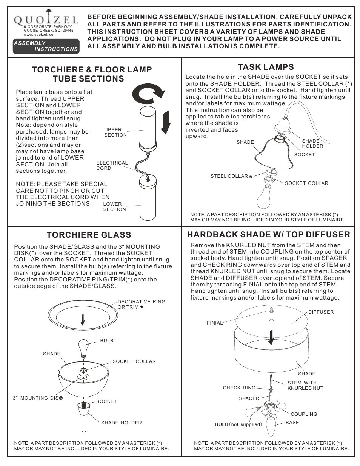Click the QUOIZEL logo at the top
click(x=46, y=19)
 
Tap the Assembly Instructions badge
click(x=46, y=46)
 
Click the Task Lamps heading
click(x=266, y=67)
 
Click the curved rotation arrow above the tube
click(x=151, y=94)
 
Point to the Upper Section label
click(x=115, y=132)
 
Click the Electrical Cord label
click(x=112, y=165)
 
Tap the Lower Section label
click(x=114, y=206)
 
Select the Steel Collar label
click(x=229, y=176)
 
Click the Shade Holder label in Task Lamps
click(x=312, y=143)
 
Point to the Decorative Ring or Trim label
click(x=141, y=305)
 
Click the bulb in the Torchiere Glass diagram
click(x=83, y=346)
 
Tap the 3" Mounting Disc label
click(x=37, y=398)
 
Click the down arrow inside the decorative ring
click(x=83, y=319)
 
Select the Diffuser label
click(x=321, y=312)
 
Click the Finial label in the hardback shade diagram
click(x=214, y=323)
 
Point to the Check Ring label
click(x=239, y=388)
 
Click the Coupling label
click(x=304, y=414)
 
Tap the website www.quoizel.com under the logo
click(x=40, y=35)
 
